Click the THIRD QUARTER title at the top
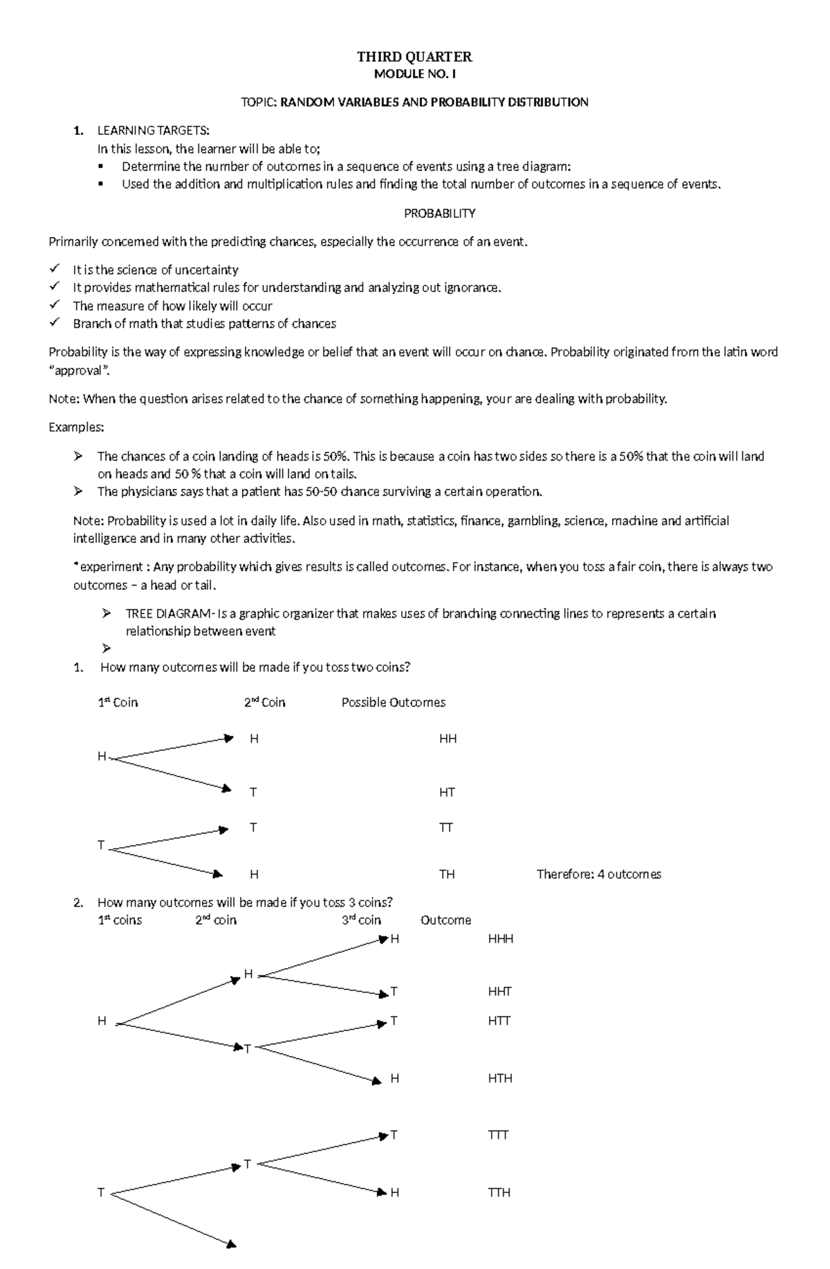tap(414, 57)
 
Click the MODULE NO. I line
tap(414, 74)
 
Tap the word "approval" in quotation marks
tap(79, 370)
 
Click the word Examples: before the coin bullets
tap(76, 427)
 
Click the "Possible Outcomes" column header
tap(393, 703)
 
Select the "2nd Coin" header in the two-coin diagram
tap(264, 703)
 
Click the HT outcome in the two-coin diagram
tap(447, 793)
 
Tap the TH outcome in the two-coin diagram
tap(447, 875)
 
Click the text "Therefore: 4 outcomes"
tap(598, 875)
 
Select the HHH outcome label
tap(500, 939)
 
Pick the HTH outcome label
tap(499, 1079)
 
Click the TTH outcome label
tap(499, 1193)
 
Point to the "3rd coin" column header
tap(361, 920)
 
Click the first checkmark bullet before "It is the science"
tap(55, 269)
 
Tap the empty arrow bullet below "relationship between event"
tap(106, 649)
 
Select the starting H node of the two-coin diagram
tap(102, 757)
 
